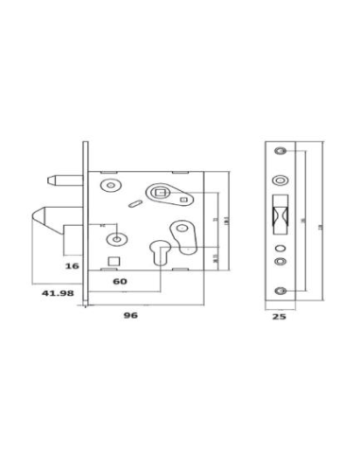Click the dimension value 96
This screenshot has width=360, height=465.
[x=131, y=316]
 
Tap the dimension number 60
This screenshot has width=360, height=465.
[x=119, y=281]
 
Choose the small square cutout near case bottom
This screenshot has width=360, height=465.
[x=112, y=260]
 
